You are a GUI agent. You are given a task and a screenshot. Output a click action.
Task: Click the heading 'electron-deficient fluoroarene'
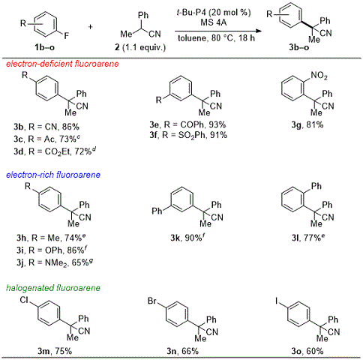pos(62,64)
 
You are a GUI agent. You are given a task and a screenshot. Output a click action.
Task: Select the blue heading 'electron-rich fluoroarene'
pos(53,175)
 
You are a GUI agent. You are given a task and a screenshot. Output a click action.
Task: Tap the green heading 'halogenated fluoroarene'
pos(53,288)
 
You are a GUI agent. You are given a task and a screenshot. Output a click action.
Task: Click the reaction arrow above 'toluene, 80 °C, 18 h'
pos(218,31)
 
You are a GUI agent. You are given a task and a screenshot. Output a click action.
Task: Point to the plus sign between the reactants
pos(90,26)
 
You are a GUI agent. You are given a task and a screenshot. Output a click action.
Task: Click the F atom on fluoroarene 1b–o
pos(66,36)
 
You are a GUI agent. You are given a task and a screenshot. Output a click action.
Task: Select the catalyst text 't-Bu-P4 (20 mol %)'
pos(214,12)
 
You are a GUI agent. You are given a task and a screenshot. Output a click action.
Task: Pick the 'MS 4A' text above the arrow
pos(214,22)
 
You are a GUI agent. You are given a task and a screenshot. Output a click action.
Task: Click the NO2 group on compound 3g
pos(319,75)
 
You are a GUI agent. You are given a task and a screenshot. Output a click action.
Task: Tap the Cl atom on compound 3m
pos(24,300)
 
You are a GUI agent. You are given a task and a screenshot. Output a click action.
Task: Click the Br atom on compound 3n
pos(152,301)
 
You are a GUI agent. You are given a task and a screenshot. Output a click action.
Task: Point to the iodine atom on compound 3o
pos(277,301)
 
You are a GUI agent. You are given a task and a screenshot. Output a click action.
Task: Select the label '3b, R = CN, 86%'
pos(46,127)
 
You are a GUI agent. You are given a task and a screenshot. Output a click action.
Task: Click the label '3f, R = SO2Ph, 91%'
pos(188,136)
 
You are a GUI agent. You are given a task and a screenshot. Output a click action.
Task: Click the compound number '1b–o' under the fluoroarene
pos(44,47)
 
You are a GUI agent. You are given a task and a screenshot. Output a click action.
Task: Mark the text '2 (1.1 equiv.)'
pos(140,47)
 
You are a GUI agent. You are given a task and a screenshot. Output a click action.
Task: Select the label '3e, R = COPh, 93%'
pos(187,124)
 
